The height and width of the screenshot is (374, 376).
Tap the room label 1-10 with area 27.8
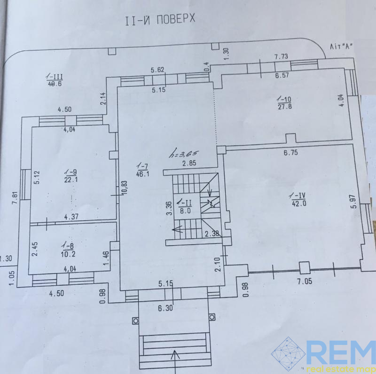pos(284,103)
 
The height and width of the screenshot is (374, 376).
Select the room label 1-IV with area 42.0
pos(298,200)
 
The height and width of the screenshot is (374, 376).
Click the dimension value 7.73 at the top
pos(282,57)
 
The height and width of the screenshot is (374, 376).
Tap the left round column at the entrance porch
pos(135,321)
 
